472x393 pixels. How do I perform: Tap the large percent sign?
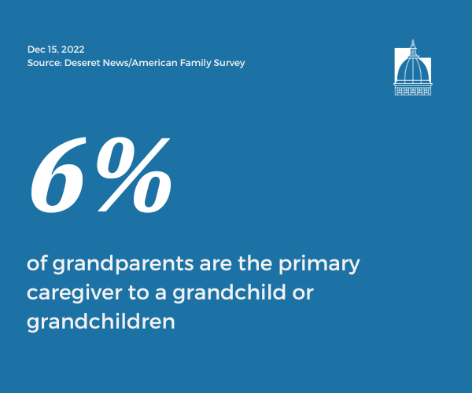coord(134,174)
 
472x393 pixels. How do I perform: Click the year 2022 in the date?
coord(72,50)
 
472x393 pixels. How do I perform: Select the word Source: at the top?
coord(44,63)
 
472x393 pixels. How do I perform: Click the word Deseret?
coord(83,63)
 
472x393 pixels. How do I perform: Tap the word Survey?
coord(230,63)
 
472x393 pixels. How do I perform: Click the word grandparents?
coord(123,264)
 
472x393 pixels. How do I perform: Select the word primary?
coord(319,264)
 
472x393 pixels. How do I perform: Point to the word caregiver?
coord(75,293)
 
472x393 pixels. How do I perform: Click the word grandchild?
coord(229,292)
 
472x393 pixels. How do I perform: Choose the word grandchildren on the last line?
coord(101,321)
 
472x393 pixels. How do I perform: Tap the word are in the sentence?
coord(216,265)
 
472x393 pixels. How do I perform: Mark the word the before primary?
coord(255,263)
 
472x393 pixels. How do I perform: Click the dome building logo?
coord(413,68)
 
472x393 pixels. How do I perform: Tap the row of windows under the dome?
coord(413,91)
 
